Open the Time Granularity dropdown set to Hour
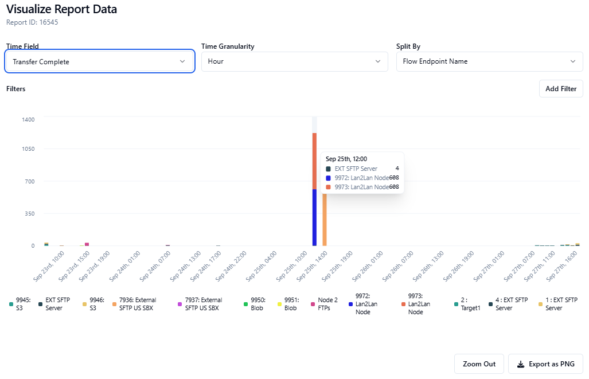click(294, 61)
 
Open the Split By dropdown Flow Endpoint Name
click(489, 61)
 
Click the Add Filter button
click(561, 89)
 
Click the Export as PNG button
click(545, 364)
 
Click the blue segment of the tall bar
click(314, 218)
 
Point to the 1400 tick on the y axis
click(29, 119)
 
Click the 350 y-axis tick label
click(29, 214)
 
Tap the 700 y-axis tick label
click(29, 182)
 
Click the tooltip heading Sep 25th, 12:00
click(346, 159)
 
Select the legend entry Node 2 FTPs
click(327, 304)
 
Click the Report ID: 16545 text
click(32, 22)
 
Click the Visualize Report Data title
click(61, 9)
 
